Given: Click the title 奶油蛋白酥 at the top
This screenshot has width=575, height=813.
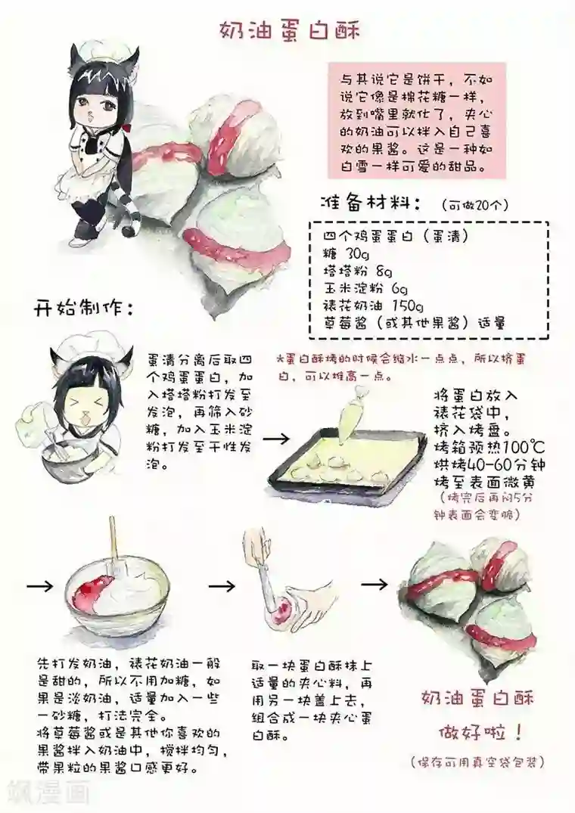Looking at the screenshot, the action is tap(289, 31).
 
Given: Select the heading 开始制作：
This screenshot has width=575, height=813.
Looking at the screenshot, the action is tap(84, 309).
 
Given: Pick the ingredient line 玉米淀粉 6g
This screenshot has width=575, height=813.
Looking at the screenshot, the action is tap(365, 288).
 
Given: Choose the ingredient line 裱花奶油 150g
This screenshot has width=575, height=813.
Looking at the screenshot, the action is tap(373, 306).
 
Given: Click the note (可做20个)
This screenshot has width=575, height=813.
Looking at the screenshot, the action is tap(475, 205).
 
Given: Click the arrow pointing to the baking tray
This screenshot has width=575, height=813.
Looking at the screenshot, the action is tap(276, 439).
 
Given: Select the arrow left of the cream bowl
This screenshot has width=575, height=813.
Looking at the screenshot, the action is tap(40, 586).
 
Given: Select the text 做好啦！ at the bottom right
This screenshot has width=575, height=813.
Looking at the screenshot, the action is tap(480, 733).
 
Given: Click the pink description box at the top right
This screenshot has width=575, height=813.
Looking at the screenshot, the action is tap(417, 121).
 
